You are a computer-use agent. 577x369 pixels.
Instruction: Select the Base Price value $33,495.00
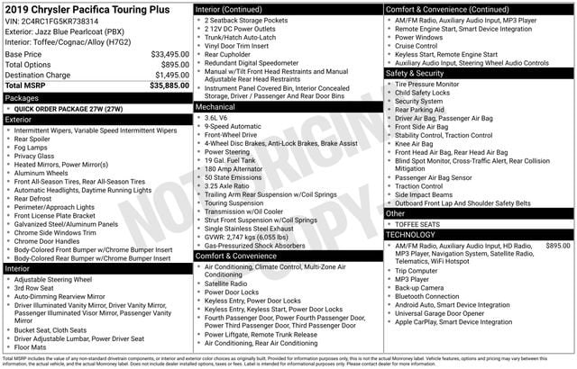tap(169, 54)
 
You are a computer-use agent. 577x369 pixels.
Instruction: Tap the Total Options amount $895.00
tap(175, 65)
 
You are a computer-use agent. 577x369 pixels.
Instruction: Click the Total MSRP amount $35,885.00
tap(169, 86)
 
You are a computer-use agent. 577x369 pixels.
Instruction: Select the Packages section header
tap(22, 97)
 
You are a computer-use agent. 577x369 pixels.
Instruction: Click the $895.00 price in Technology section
tap(557, 245)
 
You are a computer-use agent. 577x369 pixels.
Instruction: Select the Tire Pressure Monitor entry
tap(426, 84)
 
